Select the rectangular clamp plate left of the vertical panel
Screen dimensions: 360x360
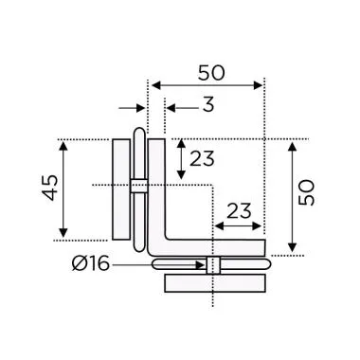121,189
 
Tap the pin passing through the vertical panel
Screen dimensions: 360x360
139,184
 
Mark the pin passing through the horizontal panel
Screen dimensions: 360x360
213,265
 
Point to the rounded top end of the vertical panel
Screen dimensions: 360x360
139,131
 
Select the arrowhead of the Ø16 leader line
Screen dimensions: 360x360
202,265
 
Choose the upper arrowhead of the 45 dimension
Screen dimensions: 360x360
64,145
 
